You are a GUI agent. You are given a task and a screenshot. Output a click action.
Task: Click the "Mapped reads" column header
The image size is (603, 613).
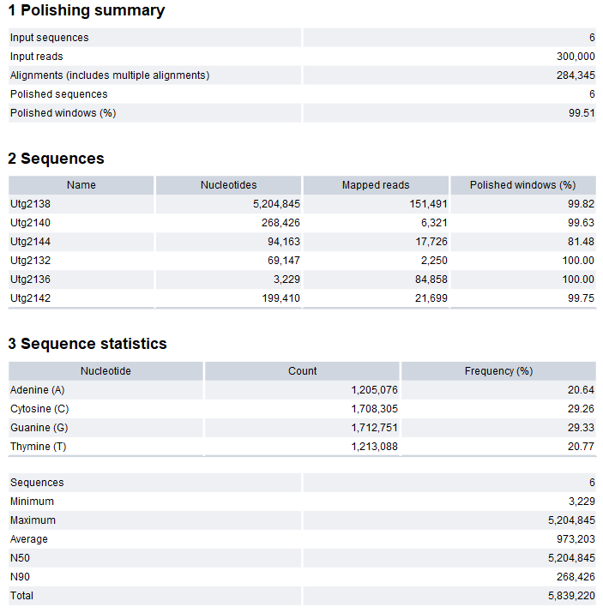click(x=376, y=185)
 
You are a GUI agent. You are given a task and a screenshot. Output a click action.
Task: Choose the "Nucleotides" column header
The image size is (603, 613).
click(x=228, y=185)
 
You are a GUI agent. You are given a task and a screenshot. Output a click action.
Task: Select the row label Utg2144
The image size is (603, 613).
click(x=31, y=242)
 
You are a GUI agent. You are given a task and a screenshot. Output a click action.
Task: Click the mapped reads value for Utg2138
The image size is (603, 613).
click(x=425, y=204)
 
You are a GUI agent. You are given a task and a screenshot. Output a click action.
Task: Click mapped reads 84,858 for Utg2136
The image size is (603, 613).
click(x=428, y=279)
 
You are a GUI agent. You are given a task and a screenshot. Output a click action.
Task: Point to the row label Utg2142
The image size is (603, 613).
click(x=31, y=298)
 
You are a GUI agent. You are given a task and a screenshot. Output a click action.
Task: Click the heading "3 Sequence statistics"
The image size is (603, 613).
click(x=87, y=344)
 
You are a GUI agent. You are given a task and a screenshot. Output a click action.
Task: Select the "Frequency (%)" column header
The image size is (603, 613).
click(x=498, y=371)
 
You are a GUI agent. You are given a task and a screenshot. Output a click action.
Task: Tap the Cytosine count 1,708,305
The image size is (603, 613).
click(x=374, y=409)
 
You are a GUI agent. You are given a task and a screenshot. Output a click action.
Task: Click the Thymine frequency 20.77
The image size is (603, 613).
click(x=580, y=447)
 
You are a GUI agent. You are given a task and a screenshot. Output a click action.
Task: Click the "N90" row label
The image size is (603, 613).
click(x=21, y=577)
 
